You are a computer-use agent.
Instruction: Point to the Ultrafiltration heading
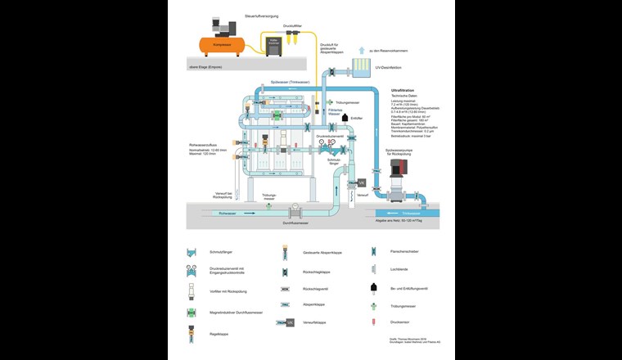point(403,89)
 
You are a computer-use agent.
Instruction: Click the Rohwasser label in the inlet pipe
point(227,213)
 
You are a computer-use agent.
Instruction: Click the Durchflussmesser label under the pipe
point(295,223)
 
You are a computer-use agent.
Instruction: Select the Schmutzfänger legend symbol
point(192,252)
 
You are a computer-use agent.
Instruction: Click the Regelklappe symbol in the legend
point(192,335)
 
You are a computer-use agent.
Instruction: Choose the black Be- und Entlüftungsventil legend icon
point(372,288)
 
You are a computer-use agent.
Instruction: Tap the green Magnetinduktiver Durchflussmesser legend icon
point(192,312)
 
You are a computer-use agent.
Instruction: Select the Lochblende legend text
point(400,268)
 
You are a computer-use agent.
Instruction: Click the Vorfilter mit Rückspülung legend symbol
point(192,290)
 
